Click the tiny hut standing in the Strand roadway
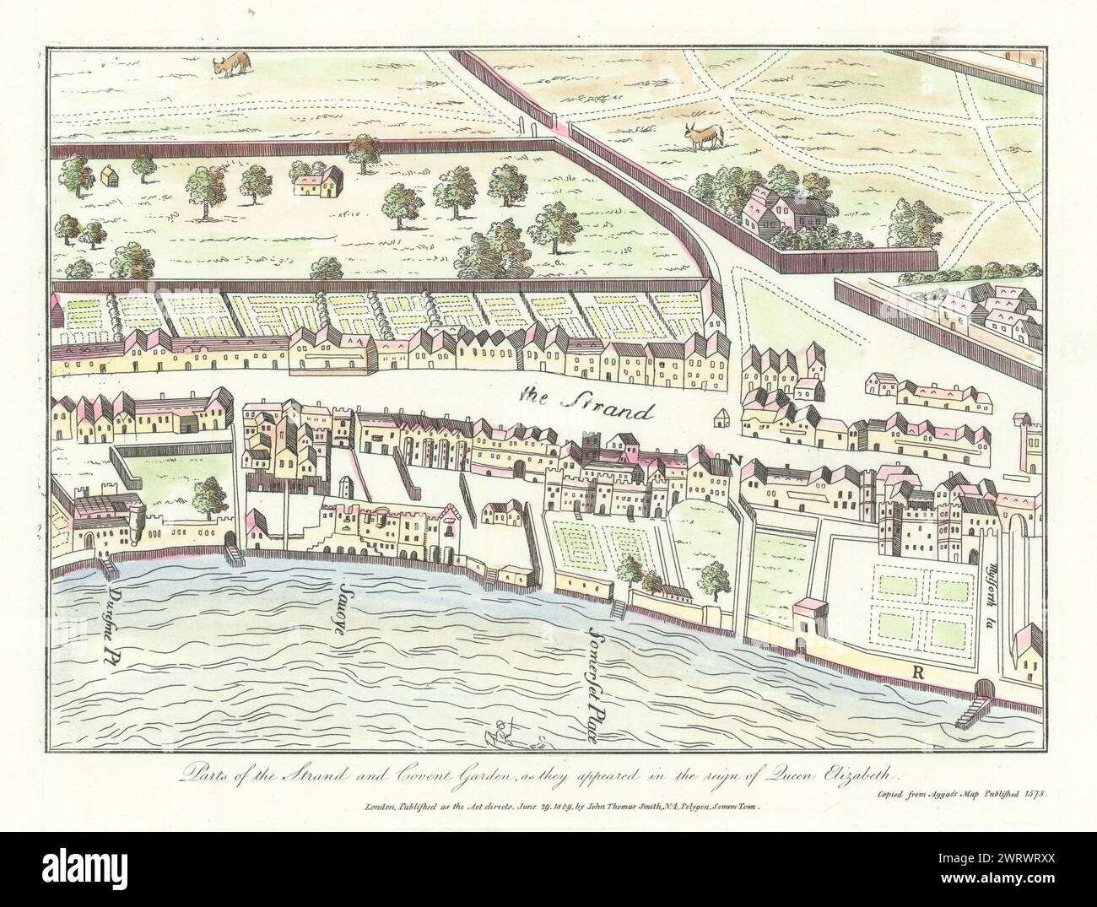coord(721,418)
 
